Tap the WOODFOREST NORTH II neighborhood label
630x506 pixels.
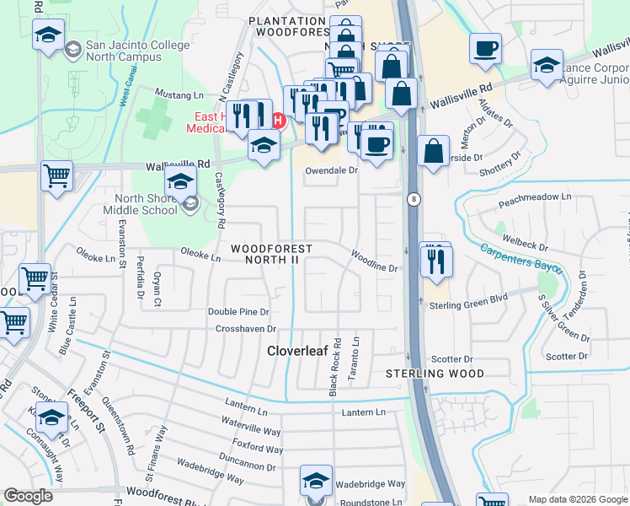[x=271, y=255]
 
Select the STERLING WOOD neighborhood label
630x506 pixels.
[x=435, y=374]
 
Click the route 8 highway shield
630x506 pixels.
[x=414, y=199]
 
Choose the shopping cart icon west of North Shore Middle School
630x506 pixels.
[x=56, y=176]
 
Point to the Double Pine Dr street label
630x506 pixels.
[x=238, y=312]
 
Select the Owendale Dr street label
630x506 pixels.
[x=331, y=170]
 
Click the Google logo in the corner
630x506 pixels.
[x=29, y=497]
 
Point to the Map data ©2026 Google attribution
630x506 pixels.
[x=576, y=499]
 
